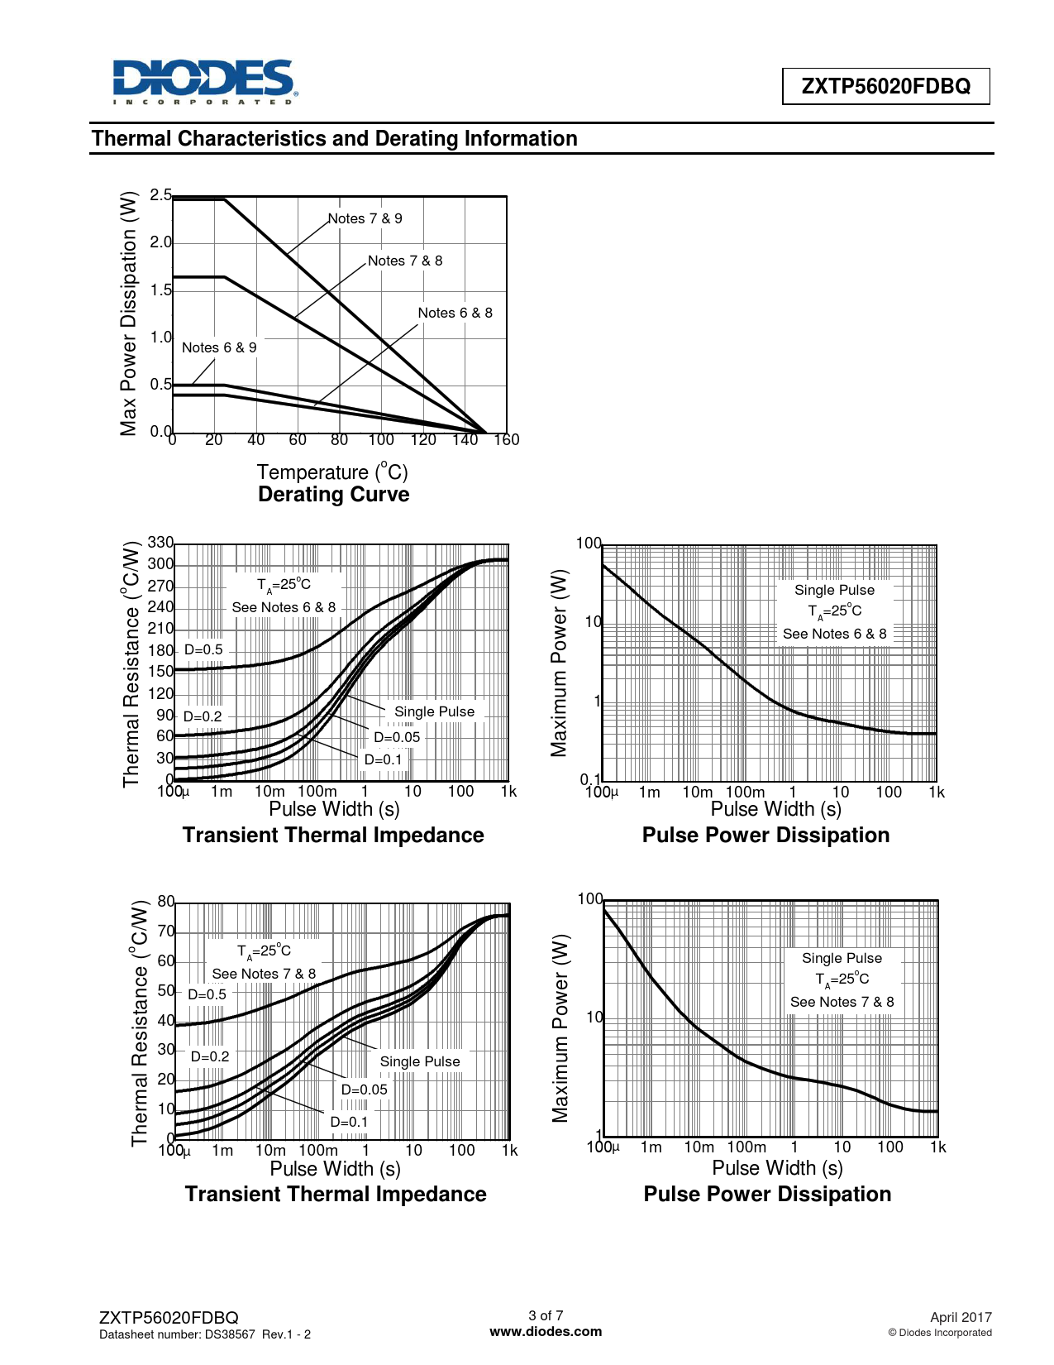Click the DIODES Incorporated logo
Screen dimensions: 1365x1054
pos(203,82)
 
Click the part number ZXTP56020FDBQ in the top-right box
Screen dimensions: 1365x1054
pos(885,86)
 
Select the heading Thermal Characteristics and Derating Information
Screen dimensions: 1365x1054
pos(334,138)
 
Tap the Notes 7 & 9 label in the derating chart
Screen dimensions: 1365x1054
pos(365,218)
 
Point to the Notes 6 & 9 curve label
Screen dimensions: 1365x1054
pos(219,347)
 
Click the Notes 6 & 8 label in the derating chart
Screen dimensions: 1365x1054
pos(455,313)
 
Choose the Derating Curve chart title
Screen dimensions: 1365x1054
pos(333,495)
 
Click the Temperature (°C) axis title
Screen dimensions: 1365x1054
pos(332,472)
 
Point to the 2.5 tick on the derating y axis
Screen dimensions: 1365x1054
pos(160,195)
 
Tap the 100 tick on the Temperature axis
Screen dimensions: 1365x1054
pos(381,440)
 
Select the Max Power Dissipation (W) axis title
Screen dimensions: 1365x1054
pos(128,314)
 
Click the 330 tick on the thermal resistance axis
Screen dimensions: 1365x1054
pos(160,543)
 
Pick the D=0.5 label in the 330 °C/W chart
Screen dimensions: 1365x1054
pos(203,650)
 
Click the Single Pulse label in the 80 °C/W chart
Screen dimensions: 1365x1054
pos(419,1061)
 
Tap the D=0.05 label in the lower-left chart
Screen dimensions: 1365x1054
pos(364,1090)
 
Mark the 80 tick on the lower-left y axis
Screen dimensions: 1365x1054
pos(165,902)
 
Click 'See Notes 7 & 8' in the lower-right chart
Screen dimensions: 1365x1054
pos(842,1002)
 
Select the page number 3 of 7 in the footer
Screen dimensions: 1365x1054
pos(546,1315)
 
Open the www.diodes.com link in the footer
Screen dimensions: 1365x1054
pos(546,1332)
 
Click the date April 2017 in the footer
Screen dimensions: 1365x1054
pos(961,1317)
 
